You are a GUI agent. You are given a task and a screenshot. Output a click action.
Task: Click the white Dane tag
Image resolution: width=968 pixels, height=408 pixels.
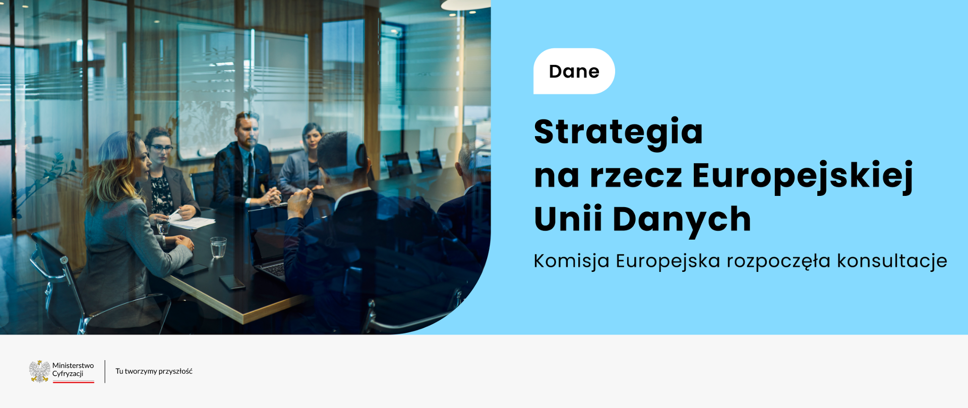(x=574, y=71)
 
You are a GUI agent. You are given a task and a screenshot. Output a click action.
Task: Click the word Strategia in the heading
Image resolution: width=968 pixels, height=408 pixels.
(x=618, y=132)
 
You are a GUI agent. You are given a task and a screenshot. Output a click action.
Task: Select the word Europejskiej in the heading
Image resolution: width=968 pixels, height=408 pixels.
(x=802, y=176)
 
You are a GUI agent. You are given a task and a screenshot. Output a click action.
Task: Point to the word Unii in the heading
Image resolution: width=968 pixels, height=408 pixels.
(x=568, y=219)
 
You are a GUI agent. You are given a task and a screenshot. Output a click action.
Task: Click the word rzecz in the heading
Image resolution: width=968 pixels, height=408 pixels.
(x=636, y=176)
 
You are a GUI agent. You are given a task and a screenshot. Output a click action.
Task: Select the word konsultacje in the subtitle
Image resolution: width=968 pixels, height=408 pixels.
(x=892, y=261)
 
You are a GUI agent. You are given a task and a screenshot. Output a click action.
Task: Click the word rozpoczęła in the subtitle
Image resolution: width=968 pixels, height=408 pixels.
(x=778, y=261)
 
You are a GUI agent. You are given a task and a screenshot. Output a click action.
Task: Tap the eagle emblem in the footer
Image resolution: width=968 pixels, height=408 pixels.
(x=39, y=371)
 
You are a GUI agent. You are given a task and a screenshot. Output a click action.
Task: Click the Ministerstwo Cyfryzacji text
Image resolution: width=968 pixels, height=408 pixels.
(x=73, y=369)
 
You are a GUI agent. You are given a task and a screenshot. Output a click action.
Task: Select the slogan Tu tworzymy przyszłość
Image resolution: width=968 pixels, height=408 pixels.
(x=154, y=371)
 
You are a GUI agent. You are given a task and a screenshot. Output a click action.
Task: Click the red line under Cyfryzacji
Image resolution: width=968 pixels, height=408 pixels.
(x=74, y=382)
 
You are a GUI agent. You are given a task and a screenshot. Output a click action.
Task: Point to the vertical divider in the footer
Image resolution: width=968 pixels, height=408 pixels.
(x=105, y=371)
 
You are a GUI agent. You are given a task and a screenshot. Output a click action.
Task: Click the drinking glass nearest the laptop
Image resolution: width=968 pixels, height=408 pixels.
(x=218, y=247)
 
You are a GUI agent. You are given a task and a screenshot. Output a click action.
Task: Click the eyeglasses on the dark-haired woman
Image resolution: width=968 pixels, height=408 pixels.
(x=161, y=148)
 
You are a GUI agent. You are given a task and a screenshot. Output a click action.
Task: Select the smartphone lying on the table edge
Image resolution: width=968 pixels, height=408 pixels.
(x=232, y=282)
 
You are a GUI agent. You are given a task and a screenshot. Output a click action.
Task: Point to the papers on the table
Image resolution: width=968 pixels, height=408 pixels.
(x=192, y=222)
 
